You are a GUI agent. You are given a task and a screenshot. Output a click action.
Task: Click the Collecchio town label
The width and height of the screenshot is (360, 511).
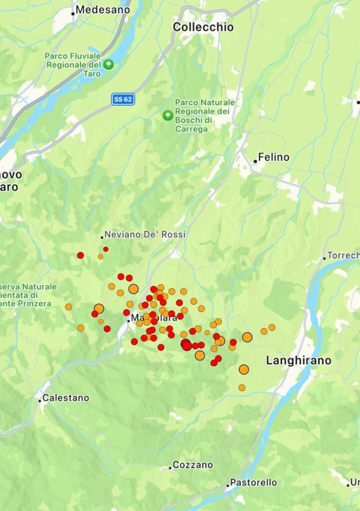(x=203, y=27)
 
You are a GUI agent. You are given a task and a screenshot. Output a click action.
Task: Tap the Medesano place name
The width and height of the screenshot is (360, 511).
(x=103, y=9)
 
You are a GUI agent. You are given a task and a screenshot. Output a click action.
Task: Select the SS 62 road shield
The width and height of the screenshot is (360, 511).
(x=123, y=99)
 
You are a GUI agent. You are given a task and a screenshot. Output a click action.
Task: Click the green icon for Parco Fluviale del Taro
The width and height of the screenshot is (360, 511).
(x=108, y=64)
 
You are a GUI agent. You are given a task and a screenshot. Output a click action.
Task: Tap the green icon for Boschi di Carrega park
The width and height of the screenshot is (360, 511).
(x=168, y=115)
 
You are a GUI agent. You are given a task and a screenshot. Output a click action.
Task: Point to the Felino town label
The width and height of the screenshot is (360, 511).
(x=274, y=157)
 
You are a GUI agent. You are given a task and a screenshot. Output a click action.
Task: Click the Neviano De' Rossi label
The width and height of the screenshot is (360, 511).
(x=145, y=234)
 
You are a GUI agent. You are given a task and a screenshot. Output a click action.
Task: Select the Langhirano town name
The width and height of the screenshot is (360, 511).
(x=298, y=360)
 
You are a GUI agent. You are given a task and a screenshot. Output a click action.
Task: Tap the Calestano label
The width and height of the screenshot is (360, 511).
(x=66, y=398)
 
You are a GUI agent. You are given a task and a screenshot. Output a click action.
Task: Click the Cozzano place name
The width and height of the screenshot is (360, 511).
(x=192, y=465)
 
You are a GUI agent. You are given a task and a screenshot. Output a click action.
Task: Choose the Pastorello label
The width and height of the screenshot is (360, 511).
(x=254, y=483)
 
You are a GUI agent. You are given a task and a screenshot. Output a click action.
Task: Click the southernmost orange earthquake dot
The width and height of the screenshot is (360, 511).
(x=242, y=388)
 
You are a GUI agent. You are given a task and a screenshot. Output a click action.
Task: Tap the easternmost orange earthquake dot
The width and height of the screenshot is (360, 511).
(x=272, y=327)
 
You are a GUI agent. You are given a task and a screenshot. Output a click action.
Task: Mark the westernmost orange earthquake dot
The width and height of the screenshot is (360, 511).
(x=68, y=307)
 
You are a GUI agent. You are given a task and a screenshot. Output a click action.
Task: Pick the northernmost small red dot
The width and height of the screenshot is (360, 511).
(x=106, y=249)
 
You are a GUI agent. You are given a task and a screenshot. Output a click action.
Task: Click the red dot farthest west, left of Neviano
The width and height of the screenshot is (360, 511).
(x=80, y=255)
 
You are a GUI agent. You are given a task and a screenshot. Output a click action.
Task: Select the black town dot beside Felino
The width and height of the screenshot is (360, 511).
(x=255, y=161)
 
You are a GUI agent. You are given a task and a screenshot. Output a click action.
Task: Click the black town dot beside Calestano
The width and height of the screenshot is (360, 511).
(x=40, y=400)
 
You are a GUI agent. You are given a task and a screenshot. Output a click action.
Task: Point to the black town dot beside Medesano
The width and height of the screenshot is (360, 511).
(x=73, y=13)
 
